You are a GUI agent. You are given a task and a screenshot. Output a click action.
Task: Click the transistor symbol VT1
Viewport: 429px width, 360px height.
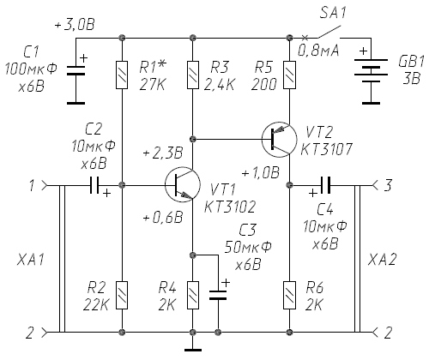point(183,185)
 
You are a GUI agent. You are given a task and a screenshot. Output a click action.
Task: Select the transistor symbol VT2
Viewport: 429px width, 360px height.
point(280,140)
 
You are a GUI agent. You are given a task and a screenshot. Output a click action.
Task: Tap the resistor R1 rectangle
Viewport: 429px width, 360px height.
point(122,75)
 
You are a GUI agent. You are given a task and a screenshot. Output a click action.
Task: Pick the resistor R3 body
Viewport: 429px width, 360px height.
point(193,75)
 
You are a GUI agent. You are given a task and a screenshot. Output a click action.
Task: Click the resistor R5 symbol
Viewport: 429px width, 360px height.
point(289,75)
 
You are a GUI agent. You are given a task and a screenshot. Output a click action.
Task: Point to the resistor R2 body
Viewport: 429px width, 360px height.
point(122,295)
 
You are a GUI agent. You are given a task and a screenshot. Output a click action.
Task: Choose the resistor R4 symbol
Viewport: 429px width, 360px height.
point(193,295)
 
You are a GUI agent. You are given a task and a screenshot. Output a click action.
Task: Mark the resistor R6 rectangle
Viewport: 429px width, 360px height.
point(289,295)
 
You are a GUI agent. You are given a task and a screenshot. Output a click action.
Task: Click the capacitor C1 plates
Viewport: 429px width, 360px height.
point(76,70)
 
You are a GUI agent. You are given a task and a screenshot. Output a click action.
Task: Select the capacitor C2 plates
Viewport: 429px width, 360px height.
point(94,185)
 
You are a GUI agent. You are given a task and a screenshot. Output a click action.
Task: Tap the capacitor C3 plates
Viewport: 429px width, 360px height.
point(218,295)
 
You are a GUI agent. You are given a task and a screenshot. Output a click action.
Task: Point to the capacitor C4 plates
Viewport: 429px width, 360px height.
point(325,185)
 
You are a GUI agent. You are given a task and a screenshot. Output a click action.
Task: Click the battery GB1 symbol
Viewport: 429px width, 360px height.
point(371,71)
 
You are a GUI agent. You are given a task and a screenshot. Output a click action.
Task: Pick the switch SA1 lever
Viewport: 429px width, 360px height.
point(329,32)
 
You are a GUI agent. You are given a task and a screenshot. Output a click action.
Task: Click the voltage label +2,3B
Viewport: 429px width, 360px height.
point(163,153)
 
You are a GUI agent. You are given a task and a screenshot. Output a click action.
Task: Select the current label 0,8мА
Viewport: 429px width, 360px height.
point(318,51)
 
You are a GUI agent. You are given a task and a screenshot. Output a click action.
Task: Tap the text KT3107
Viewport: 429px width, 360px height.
point(326,149)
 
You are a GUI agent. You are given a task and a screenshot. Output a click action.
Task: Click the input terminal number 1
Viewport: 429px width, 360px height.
point(32,185)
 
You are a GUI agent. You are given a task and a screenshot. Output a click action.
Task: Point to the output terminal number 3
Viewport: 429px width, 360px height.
point(387,185)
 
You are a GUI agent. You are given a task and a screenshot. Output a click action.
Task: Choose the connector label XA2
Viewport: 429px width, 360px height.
point(382,260)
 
